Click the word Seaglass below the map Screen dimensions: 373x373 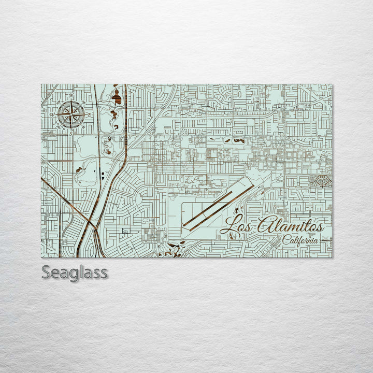pyautogui.click(x=75, y=272)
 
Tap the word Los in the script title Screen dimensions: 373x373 pyautogui.click(x=237, y=226)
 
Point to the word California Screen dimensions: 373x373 pyautogui.click(x=300, y=240)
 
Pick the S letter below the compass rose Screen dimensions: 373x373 pyautogui.click(x=71, y=133)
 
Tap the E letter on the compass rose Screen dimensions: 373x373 pyautogui.click(x=89, y=114)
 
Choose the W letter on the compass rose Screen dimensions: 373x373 pyautogui.click(x=52, y=115)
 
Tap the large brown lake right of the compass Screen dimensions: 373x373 pyautogui.click(x=117, y=96)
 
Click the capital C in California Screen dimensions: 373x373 pyautogui.click(x=286, y=240)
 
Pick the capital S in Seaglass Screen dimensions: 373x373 pyautogui.click(x=46, y=272)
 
